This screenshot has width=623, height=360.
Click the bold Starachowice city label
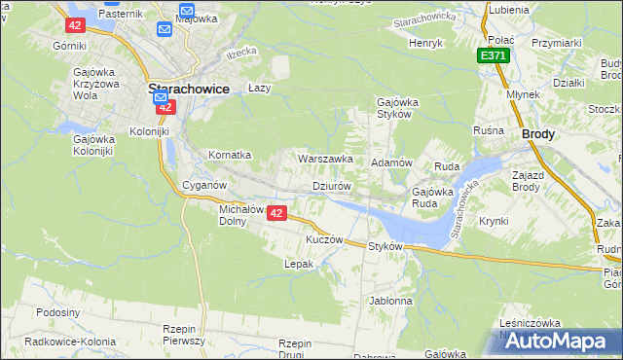188,89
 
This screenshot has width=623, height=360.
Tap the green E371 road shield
494,57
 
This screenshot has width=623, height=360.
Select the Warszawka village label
325,159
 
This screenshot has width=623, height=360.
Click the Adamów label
392,162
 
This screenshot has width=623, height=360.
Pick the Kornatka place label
230,155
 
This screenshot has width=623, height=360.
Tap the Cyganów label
204,185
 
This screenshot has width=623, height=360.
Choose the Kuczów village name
325,239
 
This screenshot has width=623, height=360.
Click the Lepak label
298,264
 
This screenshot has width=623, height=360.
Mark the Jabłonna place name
390,301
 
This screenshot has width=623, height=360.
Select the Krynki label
494,221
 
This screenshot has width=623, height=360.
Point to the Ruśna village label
488,130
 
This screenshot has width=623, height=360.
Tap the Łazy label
258,87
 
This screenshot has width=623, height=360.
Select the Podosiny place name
57,312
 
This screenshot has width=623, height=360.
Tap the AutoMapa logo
560,341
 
